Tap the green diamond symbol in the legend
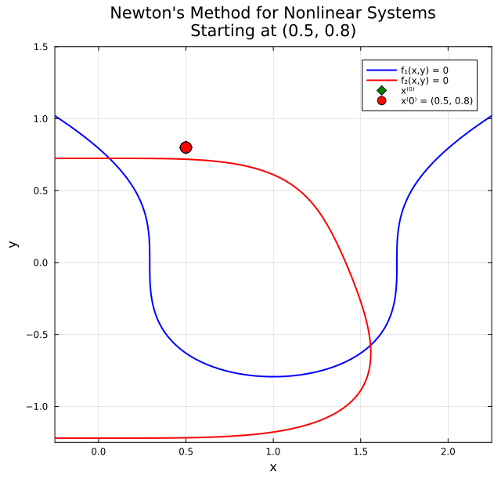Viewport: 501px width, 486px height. (381, 90)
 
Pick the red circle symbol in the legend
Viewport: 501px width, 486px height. (381, 100)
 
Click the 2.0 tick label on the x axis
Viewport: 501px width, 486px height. (448, 452)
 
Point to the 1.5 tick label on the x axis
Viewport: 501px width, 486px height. (360, 452)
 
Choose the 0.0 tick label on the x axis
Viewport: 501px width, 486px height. (99, 452)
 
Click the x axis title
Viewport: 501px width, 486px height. (273, 468)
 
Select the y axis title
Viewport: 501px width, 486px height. (13, 244)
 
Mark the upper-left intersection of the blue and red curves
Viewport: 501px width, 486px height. (110, 159)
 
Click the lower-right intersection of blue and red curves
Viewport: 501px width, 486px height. (370, 346)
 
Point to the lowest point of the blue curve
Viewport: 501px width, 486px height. (273, 376)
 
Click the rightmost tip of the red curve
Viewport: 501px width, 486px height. (371, 354)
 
